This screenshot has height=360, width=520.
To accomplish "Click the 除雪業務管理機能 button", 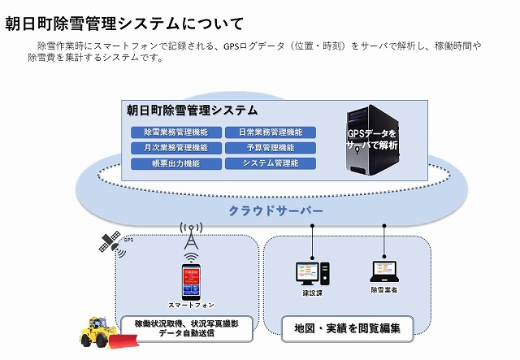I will [x=175, y=132].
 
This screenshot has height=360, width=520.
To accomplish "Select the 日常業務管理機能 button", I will [x=270, y=132].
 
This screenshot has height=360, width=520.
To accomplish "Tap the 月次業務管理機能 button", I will [x=175, y=148].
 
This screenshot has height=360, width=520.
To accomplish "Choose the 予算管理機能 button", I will [x=270, y=148].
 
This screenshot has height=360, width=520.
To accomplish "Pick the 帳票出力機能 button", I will [x=175, y=163].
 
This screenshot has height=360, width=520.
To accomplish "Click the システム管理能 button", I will [x=270, y=163].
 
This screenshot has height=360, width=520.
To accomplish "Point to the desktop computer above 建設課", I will [x=312, y=271].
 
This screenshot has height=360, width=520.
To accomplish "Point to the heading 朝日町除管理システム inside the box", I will [x=193, y=110].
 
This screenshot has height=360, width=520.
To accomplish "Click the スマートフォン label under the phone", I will [x=190, y=305].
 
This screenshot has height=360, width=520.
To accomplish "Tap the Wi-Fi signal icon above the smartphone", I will [x=190, y=258].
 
